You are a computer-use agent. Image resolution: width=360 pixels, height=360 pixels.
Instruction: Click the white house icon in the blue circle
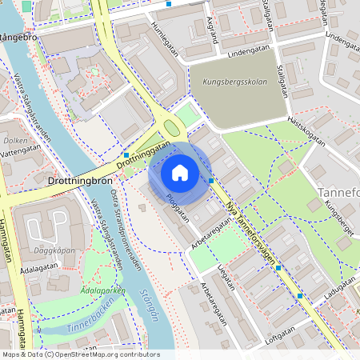(x=180, y=173)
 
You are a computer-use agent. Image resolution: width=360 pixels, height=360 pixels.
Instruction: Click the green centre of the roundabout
(x=170, y=126)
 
